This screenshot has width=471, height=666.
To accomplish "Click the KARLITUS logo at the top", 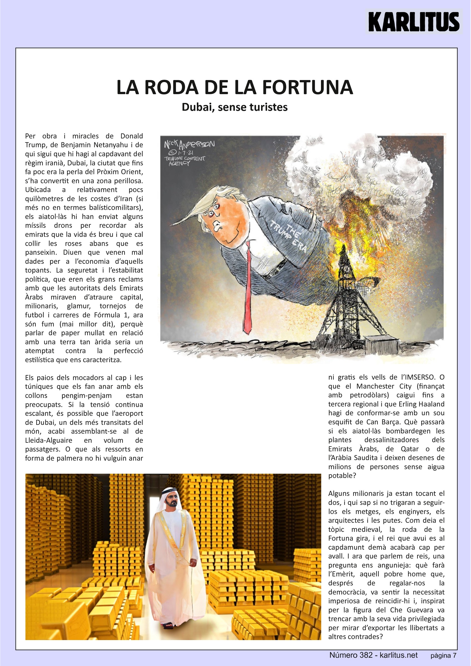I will point(414,21).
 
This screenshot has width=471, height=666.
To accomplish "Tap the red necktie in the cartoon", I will point(247,290).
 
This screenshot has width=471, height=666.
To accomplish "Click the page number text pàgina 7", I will point(443,656).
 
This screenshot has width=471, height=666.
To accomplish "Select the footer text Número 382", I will point(351,655).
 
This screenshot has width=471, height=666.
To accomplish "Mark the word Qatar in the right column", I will point(410,449).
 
